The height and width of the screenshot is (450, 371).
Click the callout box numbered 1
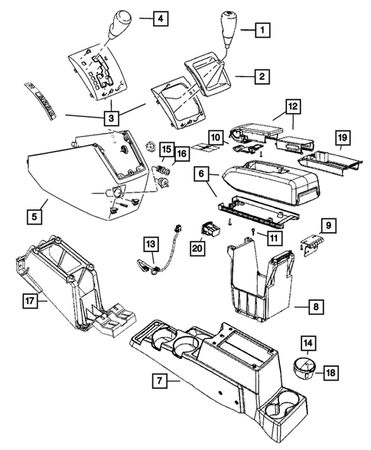(262, 31)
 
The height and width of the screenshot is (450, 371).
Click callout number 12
(292, 107)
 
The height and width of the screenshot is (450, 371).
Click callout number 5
(35, 217)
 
